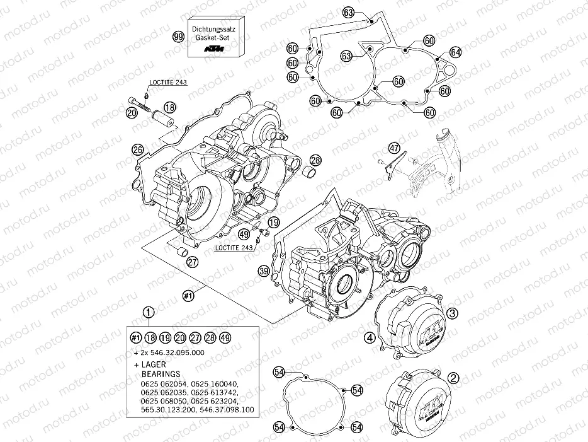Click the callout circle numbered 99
[x=179, y=38]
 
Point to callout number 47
[x=394, y=148]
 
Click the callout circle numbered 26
[x=138, y=149]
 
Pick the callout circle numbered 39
[x=264, y=270]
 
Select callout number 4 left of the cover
[x=371, y=338]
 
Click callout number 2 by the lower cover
[x=453, y=378]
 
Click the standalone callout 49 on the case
[x=244, y=234]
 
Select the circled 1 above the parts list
[x=149, y=311]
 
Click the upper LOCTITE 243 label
[x=167, y=82]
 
